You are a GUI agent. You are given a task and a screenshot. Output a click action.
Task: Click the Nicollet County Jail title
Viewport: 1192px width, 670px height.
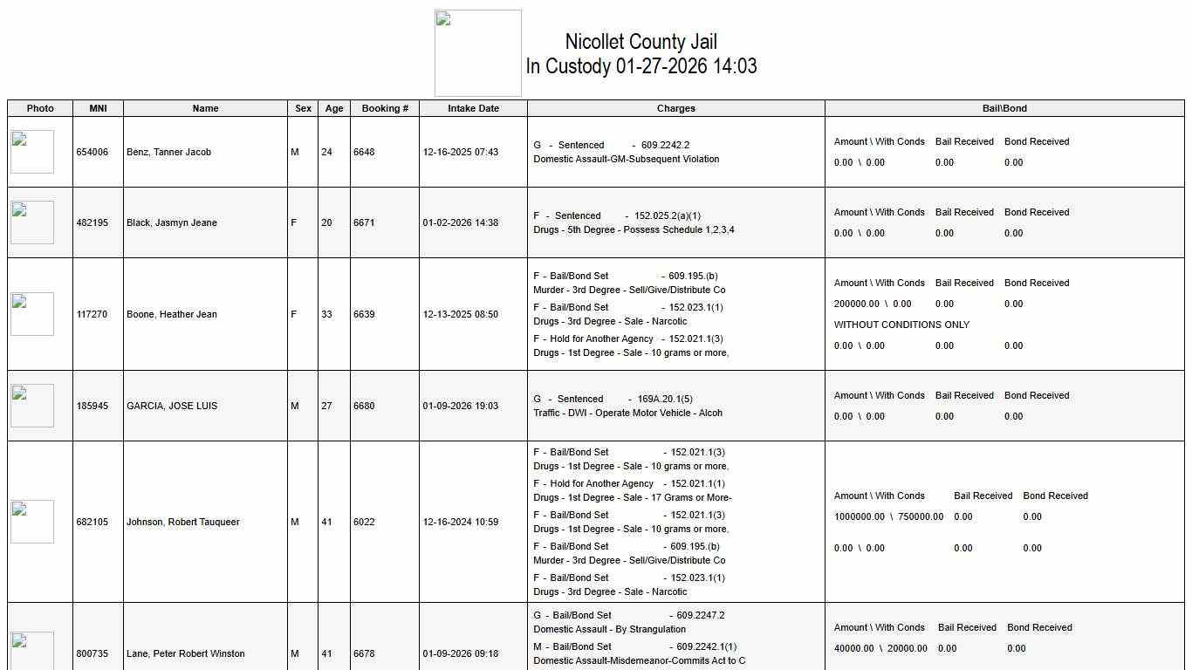(x=641, y=42)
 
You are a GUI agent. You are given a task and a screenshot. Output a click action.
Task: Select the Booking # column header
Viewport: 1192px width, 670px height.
(x=385, y=108)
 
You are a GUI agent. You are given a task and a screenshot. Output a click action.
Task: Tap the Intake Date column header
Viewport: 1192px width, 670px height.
(x=473, y=108)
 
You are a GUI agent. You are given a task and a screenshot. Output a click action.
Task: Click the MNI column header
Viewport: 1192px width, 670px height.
(x=98, y=108)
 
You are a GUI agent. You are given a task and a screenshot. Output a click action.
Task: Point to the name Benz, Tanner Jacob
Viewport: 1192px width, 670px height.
(x=168, y=152)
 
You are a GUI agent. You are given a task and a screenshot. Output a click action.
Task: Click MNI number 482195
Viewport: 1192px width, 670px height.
(x=92, y=222)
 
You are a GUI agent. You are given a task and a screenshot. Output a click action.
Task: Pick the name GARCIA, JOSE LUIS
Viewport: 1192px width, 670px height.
(x=172, y=406)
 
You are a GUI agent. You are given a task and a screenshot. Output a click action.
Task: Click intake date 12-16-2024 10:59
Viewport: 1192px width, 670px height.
(x=461, y=522)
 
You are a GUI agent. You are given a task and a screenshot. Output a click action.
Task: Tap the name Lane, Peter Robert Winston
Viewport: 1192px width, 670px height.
(x=185, y=653)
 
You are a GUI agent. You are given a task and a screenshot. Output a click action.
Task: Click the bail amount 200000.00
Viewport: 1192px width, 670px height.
(x=856, y=304)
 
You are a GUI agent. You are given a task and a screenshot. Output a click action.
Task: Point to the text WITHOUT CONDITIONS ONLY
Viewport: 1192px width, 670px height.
(x=901, y=325)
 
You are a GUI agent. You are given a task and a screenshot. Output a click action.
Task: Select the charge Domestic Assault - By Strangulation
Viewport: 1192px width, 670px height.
(x=609, y=629)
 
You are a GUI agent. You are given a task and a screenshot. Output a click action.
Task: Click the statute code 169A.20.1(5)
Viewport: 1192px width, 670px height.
(x=665, y=399)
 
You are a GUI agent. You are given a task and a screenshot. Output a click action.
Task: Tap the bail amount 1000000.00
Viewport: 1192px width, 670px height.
(x=859, y=516)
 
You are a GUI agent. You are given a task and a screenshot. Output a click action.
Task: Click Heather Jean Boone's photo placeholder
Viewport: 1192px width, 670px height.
(x=32, y=314)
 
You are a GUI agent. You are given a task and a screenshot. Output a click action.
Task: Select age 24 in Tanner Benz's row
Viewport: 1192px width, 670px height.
(x=326, y=152)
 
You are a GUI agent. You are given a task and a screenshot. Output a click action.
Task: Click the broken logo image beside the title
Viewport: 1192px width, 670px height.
(x=478, y=53)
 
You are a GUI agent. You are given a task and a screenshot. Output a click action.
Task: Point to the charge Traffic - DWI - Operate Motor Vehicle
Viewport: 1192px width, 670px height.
(x=627, y=413)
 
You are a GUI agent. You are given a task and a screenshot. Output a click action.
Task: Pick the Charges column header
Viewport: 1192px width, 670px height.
(x=675, y=108)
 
